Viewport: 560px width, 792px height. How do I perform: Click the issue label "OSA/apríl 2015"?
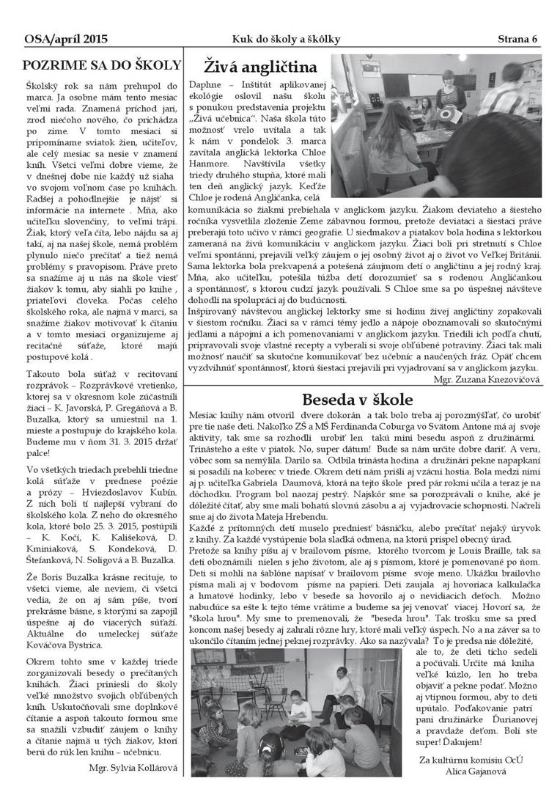click(x=56, y=38)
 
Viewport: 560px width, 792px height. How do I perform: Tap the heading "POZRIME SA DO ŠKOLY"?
click(x=101, y=64)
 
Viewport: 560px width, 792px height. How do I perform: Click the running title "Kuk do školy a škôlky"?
click(x=284, y=38)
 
